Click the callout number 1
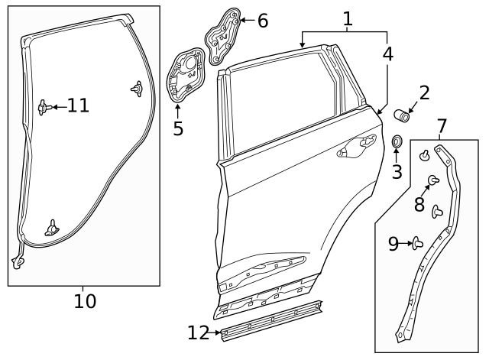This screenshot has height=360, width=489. coord(348,19)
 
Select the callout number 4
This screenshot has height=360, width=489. coord(388,54)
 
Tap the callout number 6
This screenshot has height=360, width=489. coord(262,21)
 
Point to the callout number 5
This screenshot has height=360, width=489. coord(178,128)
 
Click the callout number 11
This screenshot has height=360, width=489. coord(78,105)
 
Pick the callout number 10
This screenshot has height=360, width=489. coord(85,301)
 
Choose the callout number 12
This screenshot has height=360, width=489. coord(198,332)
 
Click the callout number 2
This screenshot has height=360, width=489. coord(424,93)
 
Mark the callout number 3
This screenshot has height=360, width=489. coord(397,172)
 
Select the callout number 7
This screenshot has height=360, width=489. coord(442,125)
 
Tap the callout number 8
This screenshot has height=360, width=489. coord(419,204)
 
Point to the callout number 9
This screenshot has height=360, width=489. coord(393,244)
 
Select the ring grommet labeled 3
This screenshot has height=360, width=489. coord(397,142)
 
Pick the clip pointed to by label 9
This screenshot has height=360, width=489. coord(417,244)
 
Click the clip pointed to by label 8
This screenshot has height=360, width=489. coord(433,180)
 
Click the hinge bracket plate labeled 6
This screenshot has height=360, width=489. coord(222,34)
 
